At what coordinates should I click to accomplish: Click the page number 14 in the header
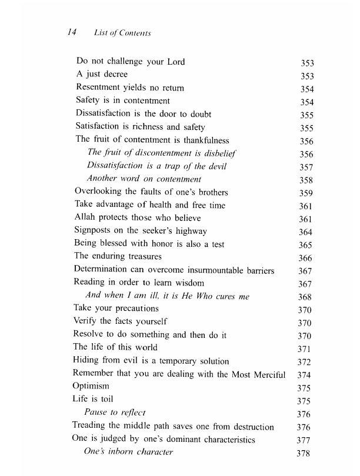click(x=74, y=33)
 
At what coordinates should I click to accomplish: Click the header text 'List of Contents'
click(x=122, y=33)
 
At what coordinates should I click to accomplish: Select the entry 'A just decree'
click(x=102, y=75)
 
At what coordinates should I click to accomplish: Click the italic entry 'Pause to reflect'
click(x=115, y=413)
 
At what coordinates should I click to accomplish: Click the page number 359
click(x=306, y=193)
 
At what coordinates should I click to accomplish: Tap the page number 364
click(x=306, y=232)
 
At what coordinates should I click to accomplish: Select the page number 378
click(x=304, y=453)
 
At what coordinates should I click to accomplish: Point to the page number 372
click(x=305, y=362)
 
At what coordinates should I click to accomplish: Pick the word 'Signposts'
click(x=94, y=231)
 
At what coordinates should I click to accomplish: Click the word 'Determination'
click(x=101, y=270)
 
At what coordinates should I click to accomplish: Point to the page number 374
click(x=304, y=375)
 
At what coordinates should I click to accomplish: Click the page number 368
click(x=305, y=297)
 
